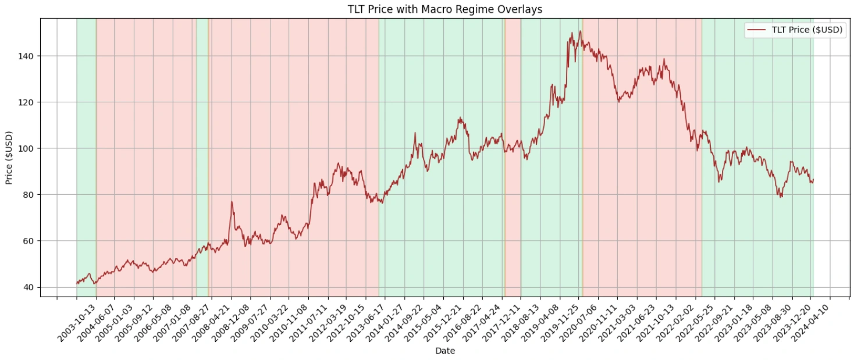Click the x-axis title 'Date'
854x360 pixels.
coord(445,351)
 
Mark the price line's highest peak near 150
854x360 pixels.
coord(572,32)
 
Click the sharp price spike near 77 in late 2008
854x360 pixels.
coord(232,202)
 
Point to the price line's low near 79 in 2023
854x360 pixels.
coord(781,197)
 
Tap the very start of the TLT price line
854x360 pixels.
coord(77,283)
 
